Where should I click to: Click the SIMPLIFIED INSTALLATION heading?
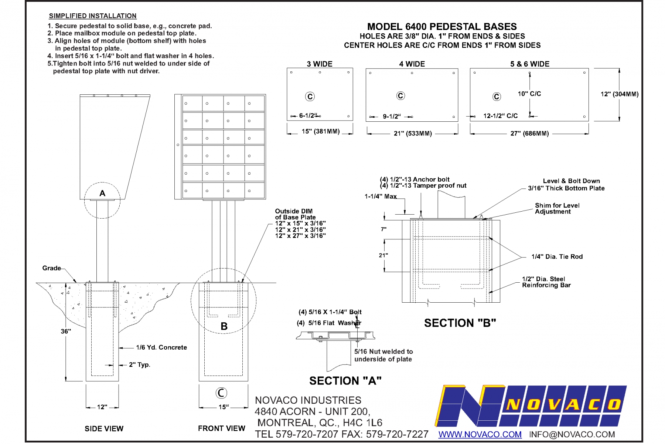93,16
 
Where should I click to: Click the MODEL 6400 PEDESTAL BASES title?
442,27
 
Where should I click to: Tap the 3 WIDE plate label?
320,64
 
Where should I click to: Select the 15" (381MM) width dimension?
320,132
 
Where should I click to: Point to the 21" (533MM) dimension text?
413,134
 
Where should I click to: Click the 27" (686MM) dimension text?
529,134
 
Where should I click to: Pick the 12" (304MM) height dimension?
620,94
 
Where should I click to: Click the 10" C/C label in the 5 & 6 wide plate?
529,94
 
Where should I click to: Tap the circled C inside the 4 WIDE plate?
400,96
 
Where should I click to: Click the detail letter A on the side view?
102,193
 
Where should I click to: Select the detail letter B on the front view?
224,326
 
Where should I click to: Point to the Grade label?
51,268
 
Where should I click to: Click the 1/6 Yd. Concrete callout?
161,347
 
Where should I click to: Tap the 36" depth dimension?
66,332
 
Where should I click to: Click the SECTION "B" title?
460,323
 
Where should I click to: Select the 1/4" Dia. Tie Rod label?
557,257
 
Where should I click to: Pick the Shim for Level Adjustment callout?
557,208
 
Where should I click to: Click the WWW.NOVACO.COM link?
480,434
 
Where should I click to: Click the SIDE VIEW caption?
104,428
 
